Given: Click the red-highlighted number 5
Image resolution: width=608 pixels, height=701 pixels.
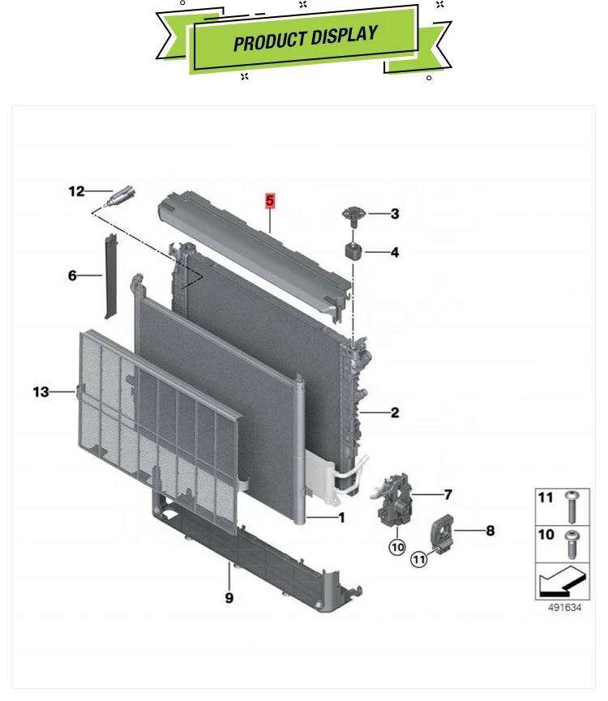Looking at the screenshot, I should (x=271, y=199).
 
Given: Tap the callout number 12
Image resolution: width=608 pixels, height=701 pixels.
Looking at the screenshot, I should (x=76, y=191).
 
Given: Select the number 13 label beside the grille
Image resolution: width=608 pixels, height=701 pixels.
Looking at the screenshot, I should (x=41, y=392).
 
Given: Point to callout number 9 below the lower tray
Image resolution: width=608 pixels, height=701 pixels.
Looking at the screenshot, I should (x=229, y=597).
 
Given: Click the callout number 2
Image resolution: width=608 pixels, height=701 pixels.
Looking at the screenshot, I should (x=395, y=412).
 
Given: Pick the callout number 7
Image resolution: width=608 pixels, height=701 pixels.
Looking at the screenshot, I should (x=447, y=494).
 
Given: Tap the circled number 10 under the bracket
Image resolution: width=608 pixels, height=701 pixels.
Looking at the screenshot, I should (x=396, y=547).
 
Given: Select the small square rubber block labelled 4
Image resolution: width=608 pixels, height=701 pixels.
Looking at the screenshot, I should (x=354, y=250).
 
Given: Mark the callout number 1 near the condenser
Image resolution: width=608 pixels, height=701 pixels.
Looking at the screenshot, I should (x=341, y=517).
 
